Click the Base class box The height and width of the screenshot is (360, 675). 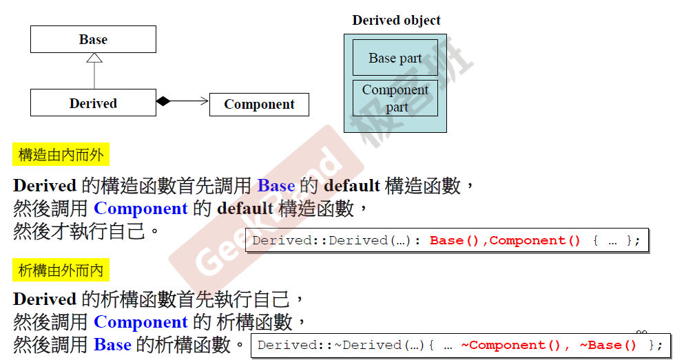(93, 39)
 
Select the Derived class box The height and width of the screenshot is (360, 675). (93, 103)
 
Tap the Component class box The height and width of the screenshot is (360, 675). (259, 105)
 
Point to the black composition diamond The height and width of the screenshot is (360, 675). (163, 101)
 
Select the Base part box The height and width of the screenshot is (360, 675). (395, 58)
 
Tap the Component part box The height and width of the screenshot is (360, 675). (395, 98)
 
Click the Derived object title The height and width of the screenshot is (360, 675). (396, 20)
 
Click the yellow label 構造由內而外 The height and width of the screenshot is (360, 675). (61, 155)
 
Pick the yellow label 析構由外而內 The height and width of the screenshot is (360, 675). (61, 271)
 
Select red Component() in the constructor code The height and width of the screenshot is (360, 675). (535, 240)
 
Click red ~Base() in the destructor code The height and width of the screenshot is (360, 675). (608, 345)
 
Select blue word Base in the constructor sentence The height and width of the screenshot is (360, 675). (276, 185)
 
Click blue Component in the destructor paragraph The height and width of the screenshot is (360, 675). (141, 321)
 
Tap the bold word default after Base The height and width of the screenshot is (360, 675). (351, 185)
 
